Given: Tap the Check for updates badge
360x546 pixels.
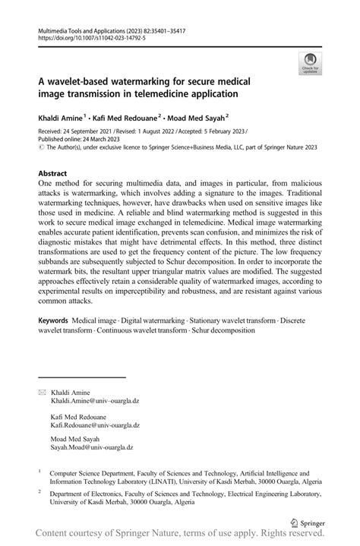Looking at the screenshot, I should pos(310,64).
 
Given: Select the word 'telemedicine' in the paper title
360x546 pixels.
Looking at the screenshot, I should pos(201,94).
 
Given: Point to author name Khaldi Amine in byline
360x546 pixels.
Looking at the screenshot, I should pos(62,118).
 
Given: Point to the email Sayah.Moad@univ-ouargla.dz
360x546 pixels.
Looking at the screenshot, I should pos(91,448).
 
